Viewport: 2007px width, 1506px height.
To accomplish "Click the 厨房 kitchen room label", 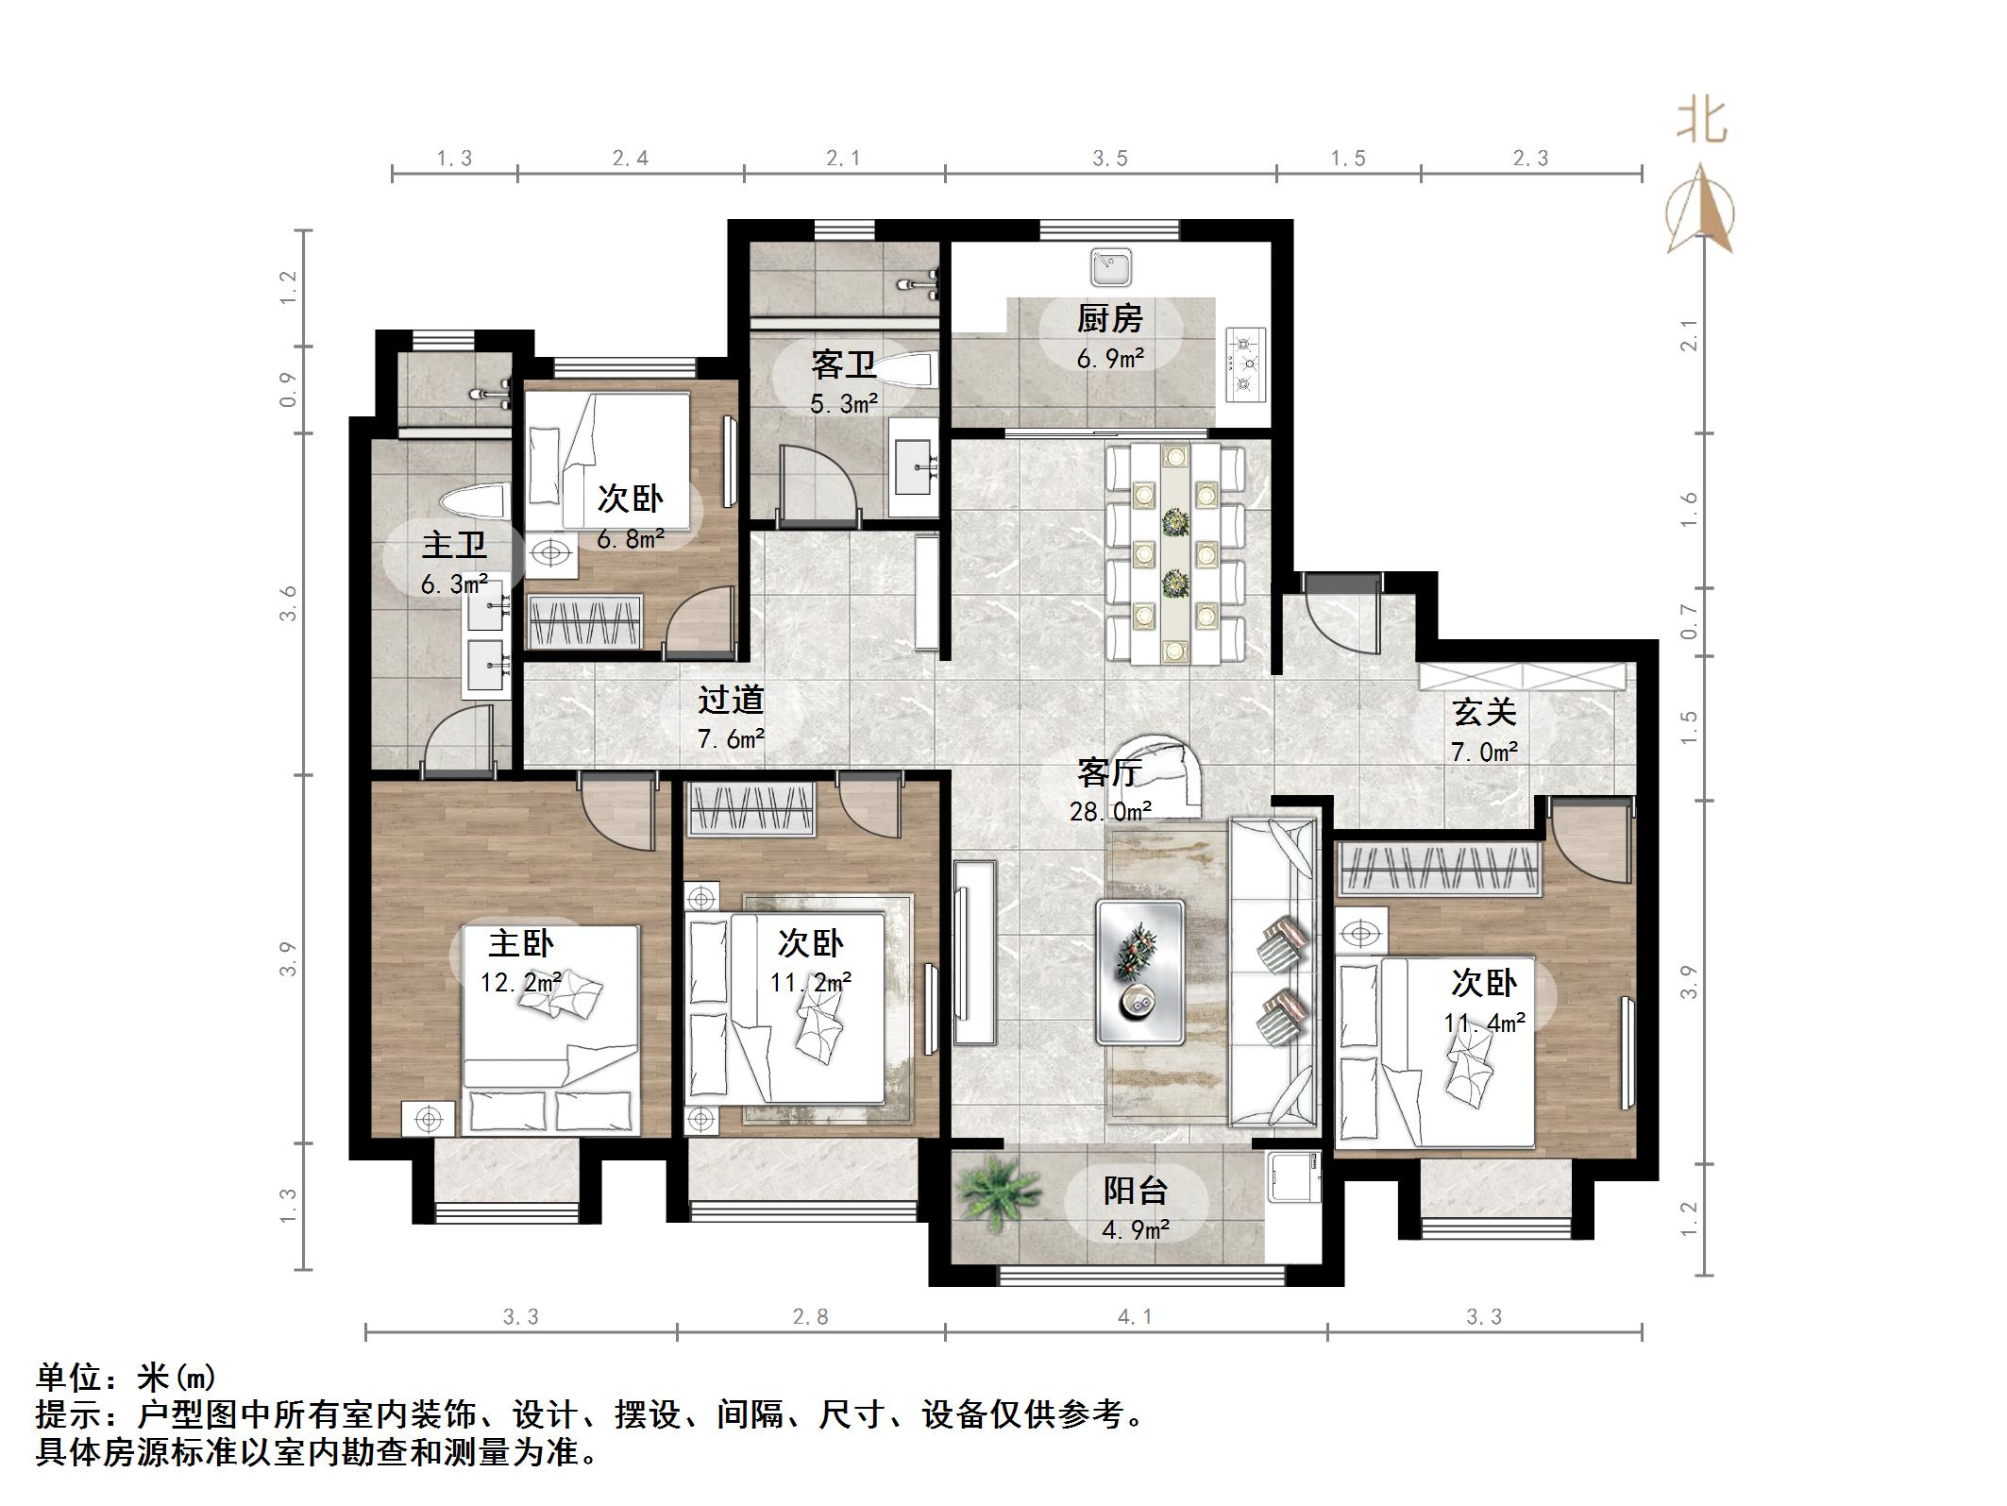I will (1109, 319).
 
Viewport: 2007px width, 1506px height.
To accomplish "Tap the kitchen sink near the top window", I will (1111, 267).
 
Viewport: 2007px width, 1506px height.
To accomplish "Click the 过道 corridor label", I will (731, 701).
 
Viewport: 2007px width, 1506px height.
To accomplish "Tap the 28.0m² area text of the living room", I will (1110, 811).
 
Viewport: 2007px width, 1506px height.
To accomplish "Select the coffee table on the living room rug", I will (1140, 972).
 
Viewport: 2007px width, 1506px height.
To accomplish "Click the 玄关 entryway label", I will (1484, 712).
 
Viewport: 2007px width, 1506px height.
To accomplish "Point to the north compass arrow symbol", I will (1700, 212).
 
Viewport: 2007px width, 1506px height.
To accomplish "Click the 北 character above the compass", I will (1702, 124).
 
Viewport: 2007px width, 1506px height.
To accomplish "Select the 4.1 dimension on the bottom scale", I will (1135, 1316).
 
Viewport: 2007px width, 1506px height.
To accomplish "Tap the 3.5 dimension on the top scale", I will (1110, 158).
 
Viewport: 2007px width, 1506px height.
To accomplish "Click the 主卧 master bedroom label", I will (521, 942).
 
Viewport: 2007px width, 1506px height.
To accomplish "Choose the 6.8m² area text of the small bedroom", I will (630, 539).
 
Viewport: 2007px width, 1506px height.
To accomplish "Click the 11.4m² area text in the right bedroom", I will (1484, 1023).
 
